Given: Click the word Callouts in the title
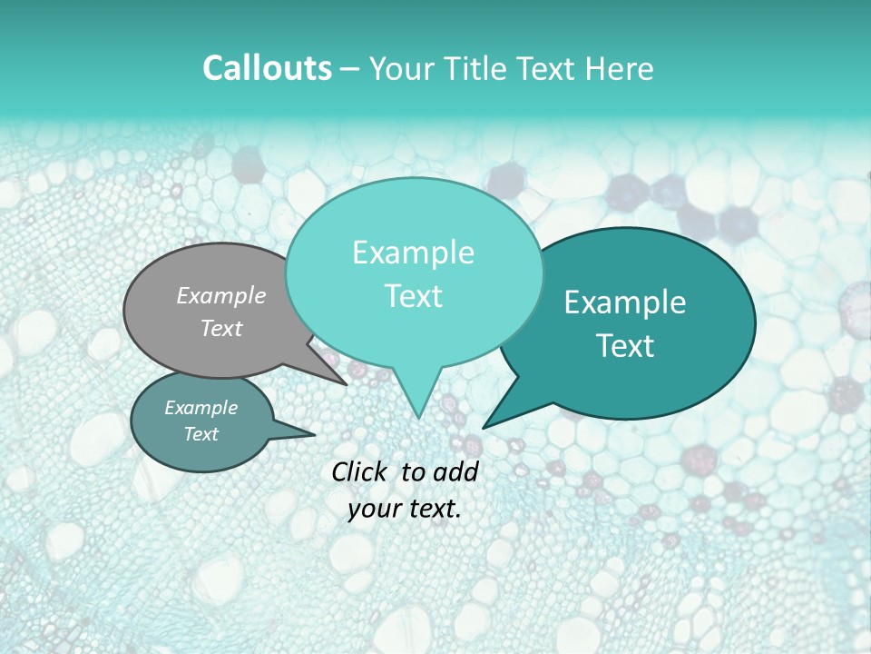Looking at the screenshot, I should point(267,68).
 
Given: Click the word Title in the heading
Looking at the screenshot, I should point(475,68).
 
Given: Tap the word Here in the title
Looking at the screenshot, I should point(617,68).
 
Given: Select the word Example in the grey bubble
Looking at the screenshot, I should point(221,295).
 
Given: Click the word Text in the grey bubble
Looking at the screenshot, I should point(221,328).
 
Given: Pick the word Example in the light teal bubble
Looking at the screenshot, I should point(413,253).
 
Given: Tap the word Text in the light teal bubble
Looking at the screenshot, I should point(413,296).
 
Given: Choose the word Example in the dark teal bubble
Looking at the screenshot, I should point(625,302).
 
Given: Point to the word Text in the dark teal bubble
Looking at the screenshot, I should point(625,346).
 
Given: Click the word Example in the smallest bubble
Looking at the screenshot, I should point(201,408).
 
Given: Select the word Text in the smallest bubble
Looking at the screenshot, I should point(201,434).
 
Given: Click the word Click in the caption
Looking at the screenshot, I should point(360,471).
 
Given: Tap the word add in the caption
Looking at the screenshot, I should point(457,471).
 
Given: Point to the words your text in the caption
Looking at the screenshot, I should point(405,509).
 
